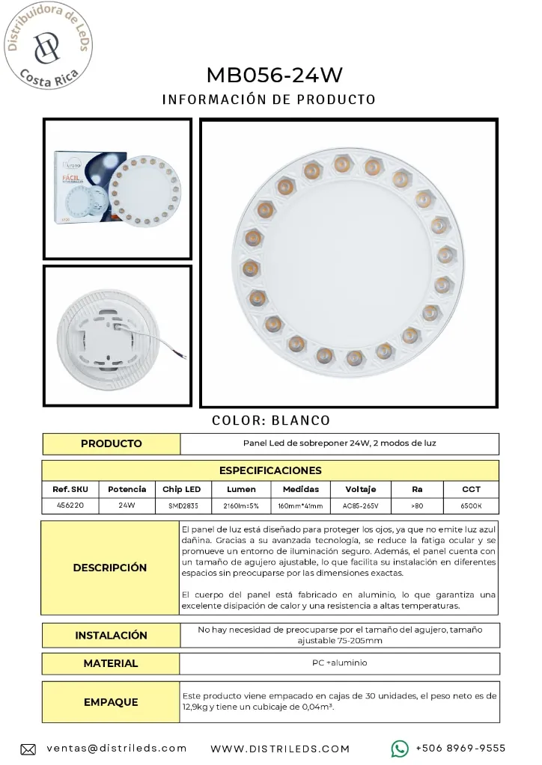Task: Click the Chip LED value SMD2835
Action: pos(182,506)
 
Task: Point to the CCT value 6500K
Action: pos(471,506)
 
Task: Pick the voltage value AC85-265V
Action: pos(361,506)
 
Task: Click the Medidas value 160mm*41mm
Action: pos(300,506)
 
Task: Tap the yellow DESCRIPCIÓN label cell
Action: pos(110,568)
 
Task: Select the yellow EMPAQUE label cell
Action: pos(110,702)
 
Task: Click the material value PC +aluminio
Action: pos(340,663)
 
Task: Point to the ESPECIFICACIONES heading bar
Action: pos(270,470)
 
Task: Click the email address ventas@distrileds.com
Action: pos(117,748)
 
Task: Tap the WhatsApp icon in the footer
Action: pos(400,748)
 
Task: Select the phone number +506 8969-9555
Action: pos(460,748)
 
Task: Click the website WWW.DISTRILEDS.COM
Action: pos(280,749)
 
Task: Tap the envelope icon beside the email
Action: pos(28,749)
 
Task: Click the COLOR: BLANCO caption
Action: pos(271,420)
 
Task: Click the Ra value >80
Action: pos(417,506)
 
